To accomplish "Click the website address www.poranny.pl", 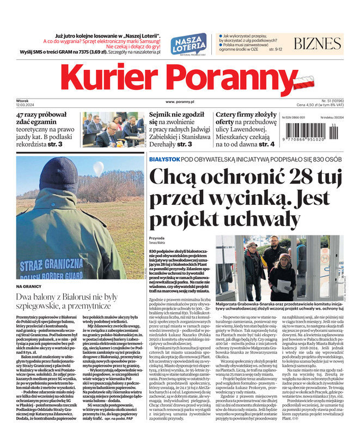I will pos(180,102).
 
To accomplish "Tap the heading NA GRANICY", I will pos(29,286).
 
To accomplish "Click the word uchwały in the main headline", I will pos(266,220).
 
